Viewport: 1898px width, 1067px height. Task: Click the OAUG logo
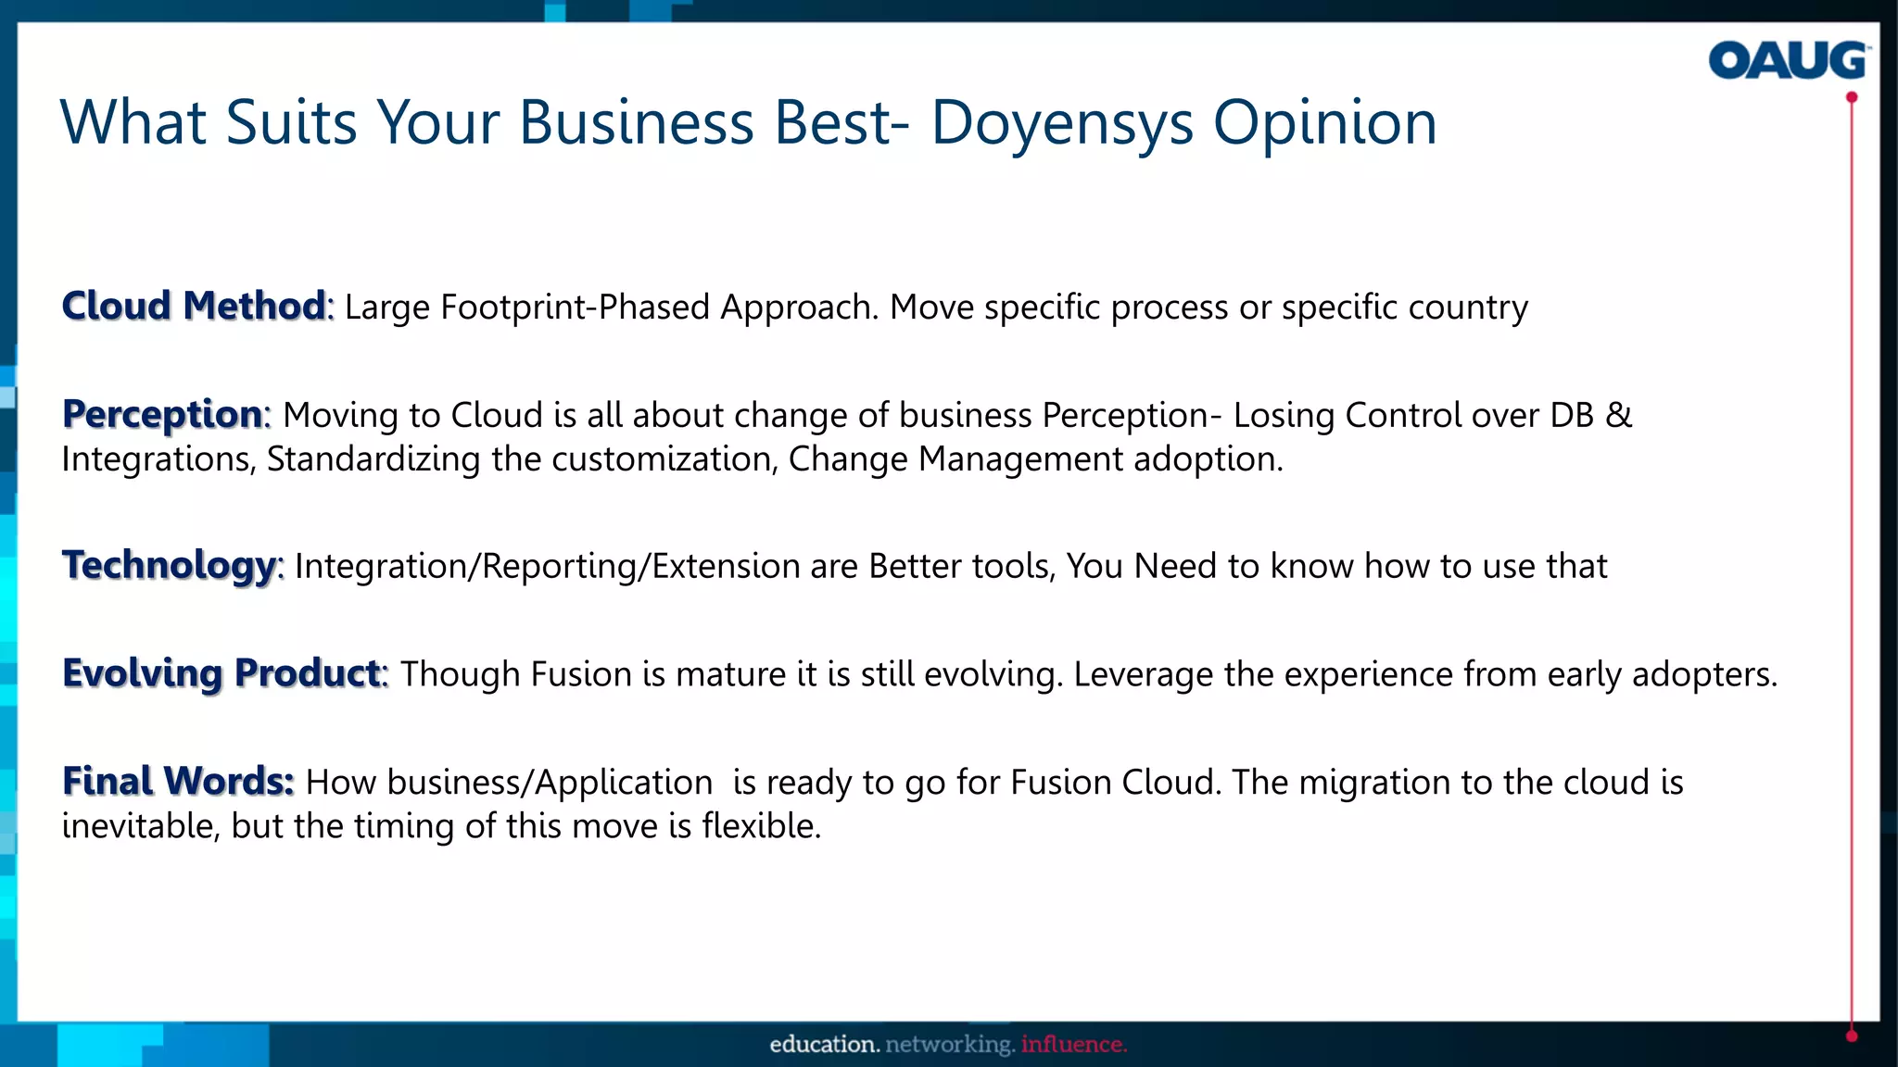[1787, 61]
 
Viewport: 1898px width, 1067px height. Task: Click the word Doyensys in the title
[1062, 123]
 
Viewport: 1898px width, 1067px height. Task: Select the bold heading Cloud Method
[194, 306]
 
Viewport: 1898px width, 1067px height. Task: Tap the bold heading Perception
[163, 414]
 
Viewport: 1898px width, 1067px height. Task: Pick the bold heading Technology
[170, 565]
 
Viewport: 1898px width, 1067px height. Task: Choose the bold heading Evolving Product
[221, 673]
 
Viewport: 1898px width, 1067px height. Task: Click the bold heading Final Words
[177, 782]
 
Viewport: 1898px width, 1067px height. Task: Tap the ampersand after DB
[1618, 415]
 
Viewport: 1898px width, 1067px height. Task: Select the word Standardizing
[373, 459]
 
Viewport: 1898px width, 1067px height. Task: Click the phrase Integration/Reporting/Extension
[547, 566]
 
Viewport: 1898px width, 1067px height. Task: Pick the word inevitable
[140, 826]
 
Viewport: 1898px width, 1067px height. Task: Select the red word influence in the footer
[1073, 1045]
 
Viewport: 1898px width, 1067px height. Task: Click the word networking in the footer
[950, 1045]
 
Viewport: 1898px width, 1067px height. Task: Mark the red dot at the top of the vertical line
[1852, 97]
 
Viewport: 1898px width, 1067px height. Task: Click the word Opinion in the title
[1324, 123]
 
